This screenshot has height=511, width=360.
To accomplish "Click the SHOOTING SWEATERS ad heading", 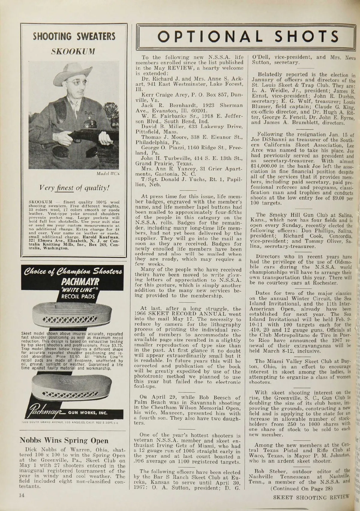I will point(74,37).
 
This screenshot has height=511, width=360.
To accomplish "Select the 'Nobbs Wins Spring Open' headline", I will point(64,441).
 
